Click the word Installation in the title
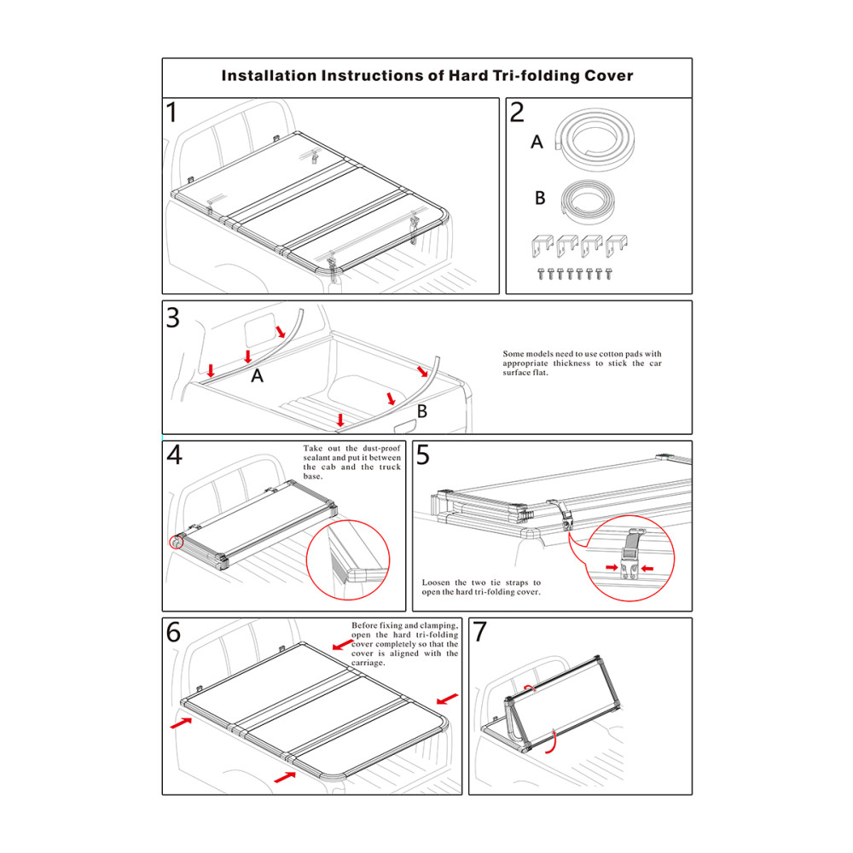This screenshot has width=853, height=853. click(268, 75)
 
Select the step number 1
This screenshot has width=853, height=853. click(173, 113)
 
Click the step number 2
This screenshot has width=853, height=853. click(517, 113)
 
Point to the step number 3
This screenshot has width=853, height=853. click(173, 317)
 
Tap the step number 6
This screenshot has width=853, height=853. click(174, 632)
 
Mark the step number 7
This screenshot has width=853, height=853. click(479, 632)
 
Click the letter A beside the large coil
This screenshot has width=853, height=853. click(537, 142)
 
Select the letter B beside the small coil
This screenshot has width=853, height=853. click(540, 198)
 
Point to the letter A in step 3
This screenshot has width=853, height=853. click(257, 374)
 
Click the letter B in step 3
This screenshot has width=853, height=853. click(421, 412)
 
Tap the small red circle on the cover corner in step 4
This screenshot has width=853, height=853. click(177, 542)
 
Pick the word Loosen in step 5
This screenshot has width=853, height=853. click(436, 583)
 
